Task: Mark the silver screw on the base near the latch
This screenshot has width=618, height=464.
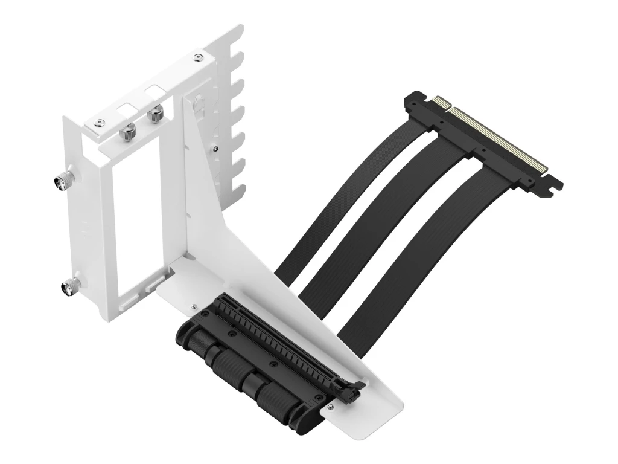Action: pyautogui.click(x=363, y=383)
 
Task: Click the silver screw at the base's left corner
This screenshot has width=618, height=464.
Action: pyautogui.click(x=191, y=306)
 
